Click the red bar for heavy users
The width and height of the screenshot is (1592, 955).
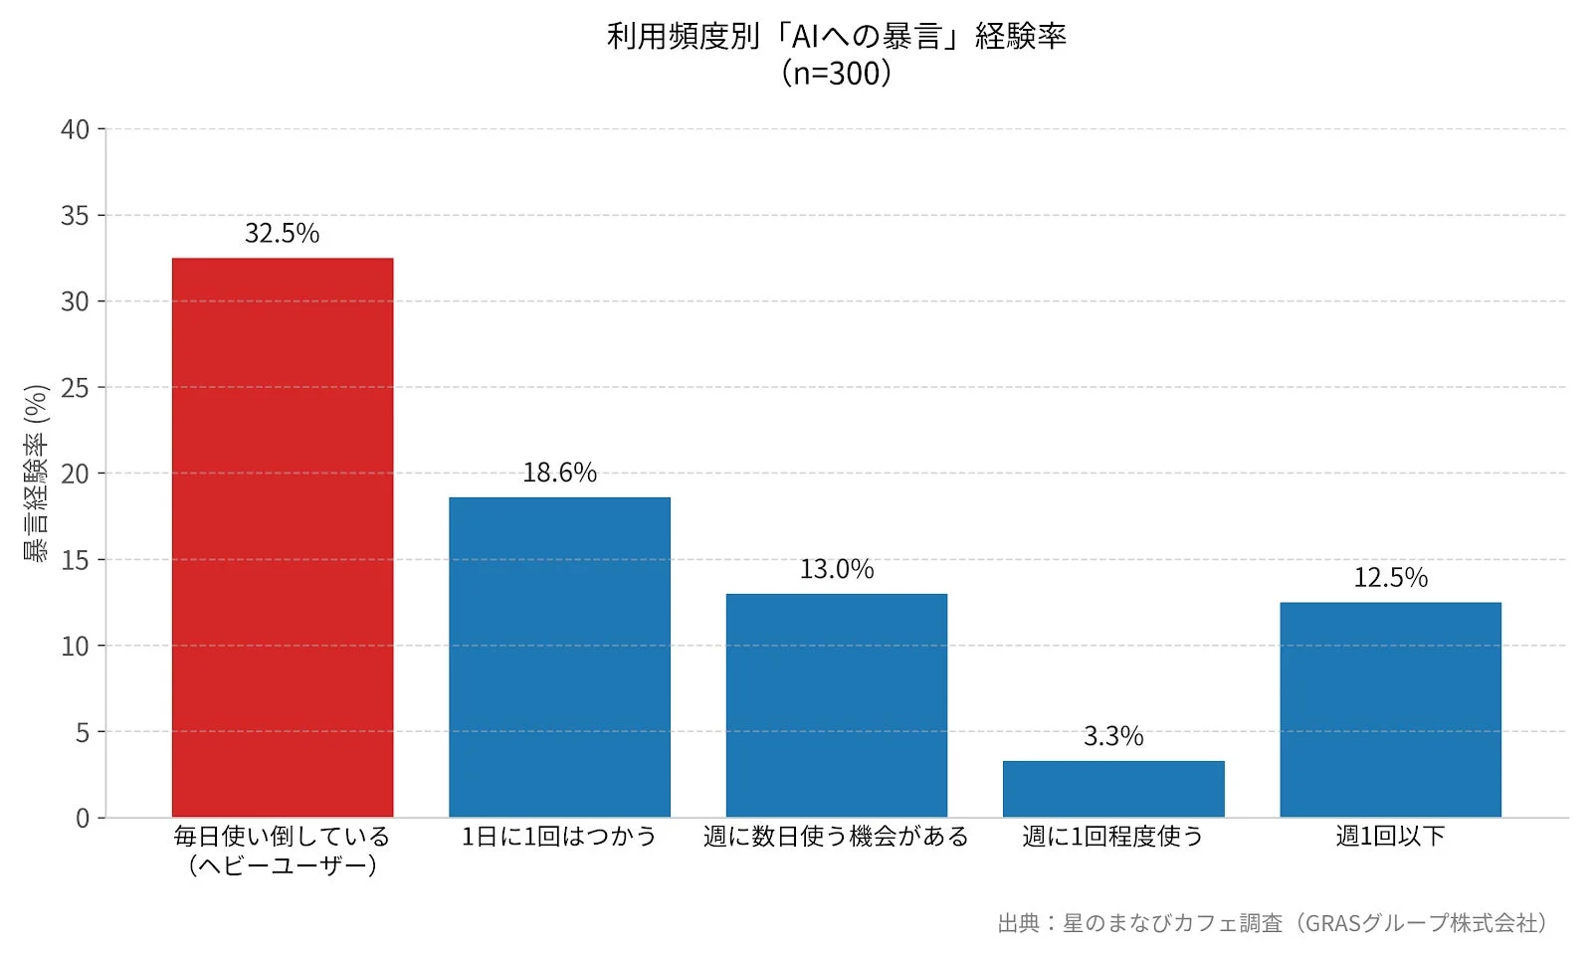[283, 537]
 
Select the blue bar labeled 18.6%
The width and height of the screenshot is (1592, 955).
[559, 657]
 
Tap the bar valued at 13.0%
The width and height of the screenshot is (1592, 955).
[836, 705]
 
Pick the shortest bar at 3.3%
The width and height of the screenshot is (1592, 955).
[1113, 789]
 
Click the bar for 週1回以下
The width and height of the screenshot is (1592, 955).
[1390, 709]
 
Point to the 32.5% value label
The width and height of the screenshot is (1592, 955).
[283, 234]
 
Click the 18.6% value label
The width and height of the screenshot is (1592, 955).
[559, 473]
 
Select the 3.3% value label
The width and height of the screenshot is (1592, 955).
[1113, 737]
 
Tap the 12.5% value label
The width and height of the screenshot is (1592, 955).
[1390, 578]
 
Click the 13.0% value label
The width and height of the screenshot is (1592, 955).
[837, 570]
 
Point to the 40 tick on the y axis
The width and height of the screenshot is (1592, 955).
[75, 129]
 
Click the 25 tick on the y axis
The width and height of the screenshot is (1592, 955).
[75, 388]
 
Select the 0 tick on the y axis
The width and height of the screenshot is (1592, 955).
[83, 819]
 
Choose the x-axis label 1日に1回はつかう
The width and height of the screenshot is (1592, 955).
[559, 837]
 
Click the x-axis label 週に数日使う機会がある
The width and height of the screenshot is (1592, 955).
[836, 837]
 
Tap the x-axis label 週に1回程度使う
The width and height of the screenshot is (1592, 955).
[1113, 837]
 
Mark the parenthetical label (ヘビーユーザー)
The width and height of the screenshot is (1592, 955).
[283, 865]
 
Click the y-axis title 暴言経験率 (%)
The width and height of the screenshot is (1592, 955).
[36, 474]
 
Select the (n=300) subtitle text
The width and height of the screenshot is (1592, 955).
[836, 74]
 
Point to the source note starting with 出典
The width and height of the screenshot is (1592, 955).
[1273, 924]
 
